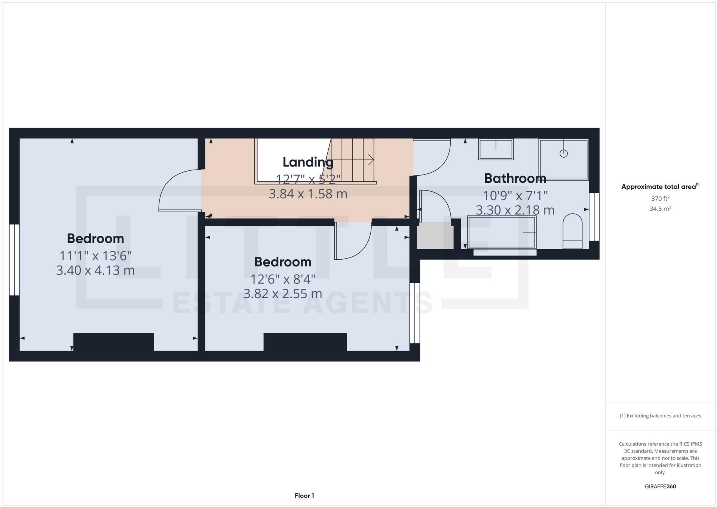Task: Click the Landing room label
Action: point(308,162)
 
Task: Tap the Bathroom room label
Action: point(515,178)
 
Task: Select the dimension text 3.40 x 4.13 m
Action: point(95,270)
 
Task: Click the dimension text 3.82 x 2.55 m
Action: point(282,294)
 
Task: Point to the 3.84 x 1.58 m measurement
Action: point(308,194)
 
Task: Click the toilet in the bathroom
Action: point(572,231)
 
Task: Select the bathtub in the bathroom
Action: point(502,232)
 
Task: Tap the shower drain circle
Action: point(563,154)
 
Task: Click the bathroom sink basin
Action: point(496,149)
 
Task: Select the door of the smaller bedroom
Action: point(352,241)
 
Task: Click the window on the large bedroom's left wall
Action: point(14,260)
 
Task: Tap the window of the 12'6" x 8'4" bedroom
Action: point(414,313)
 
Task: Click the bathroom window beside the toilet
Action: point(594,217)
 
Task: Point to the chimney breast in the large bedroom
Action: point(113,342)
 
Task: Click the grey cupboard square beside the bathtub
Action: point(435,235)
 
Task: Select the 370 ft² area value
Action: point(660,199)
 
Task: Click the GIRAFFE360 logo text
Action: point(660,486)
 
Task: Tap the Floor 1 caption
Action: point(304,496)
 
